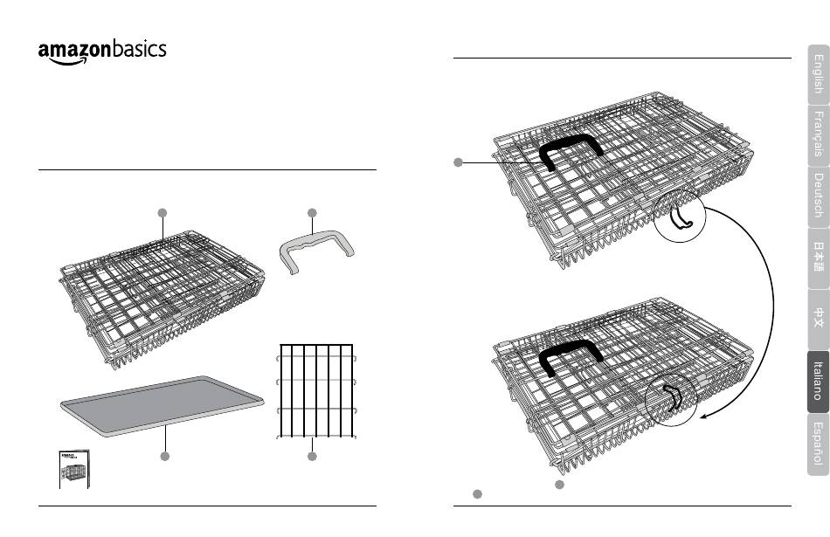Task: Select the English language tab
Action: tap(818, 73)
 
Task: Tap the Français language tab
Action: tap(818, 133)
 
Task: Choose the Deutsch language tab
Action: tap(818, 195)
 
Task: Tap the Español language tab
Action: tap(818, 443)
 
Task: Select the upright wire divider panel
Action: tap(316, 389)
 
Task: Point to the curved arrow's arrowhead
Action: tap(703, 420)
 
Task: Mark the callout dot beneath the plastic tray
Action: tap(163, 457)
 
